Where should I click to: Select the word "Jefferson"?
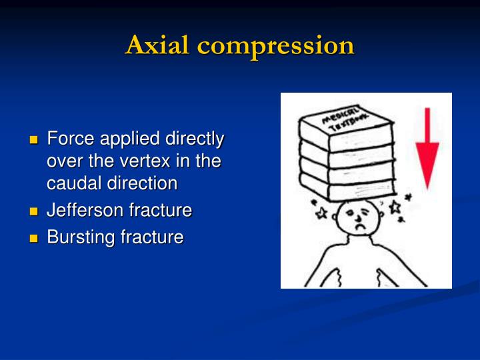tap(85, 211)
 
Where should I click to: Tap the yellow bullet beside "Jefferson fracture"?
tap(34, 211)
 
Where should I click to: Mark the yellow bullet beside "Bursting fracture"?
tap(34, 238)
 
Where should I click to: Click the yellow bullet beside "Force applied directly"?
tap(34, 140)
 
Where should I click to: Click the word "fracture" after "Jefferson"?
tap(160, 211)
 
